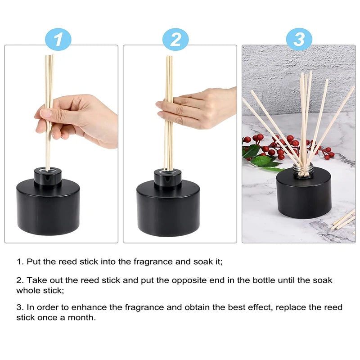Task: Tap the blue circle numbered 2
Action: [x=176, y=40]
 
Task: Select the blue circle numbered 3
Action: [x=299, y=40]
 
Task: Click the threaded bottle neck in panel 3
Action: [x=303, y=169]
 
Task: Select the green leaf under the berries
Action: [x=263, y=162]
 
